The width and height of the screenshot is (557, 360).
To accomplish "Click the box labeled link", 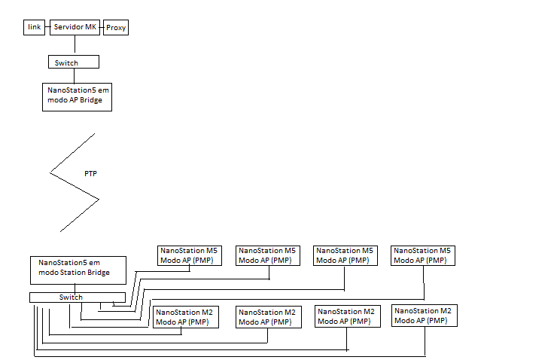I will tap(34, 27).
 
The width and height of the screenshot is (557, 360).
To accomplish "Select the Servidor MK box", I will tap(75, 27).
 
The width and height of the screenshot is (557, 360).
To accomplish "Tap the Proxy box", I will tap(116, 28).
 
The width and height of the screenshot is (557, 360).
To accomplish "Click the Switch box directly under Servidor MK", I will tap(73, 63).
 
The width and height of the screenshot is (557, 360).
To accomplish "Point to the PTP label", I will tap(90, 174).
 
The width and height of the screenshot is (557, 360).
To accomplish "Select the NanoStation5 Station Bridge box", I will tap(78, 270).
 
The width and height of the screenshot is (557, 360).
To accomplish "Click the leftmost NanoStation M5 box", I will tap(188, 255).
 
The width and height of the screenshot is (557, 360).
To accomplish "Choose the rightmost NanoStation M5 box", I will tap(424, 255).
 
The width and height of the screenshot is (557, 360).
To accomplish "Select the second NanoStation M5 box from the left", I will tap(267, 255).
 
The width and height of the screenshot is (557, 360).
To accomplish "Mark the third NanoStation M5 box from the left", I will tap(345, 255).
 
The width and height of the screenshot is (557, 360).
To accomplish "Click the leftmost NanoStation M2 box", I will tap(186, 316).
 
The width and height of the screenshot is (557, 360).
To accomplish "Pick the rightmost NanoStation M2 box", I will tap(425, 316).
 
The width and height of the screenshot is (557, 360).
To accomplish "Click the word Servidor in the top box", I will tap(68, 27).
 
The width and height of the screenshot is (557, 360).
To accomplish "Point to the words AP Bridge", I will tap(84, 101).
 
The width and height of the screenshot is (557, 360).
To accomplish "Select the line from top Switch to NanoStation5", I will tap(75, 75).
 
